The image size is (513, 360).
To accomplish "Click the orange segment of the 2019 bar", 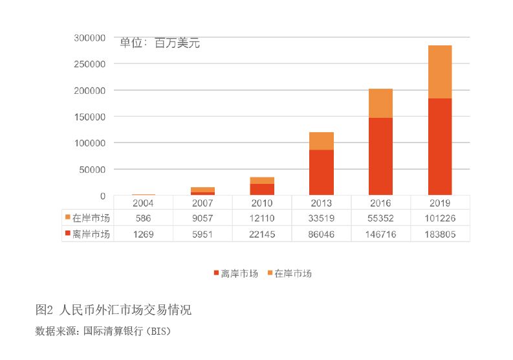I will point(440,72).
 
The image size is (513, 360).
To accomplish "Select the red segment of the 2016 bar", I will point(380,156).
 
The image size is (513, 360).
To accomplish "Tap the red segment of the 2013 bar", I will point(322,172).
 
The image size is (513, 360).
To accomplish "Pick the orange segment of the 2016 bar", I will point(380,103).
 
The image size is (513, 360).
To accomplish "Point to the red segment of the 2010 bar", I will point(262,189).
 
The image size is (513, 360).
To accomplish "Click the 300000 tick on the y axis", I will point(89,38).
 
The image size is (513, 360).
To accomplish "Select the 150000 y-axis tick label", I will point(89,117).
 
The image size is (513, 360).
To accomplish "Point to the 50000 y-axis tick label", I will point(91,170).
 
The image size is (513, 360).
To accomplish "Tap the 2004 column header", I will point(143,203).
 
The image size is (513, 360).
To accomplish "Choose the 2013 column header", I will point(322,203).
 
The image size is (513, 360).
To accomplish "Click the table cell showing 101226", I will point(440,218).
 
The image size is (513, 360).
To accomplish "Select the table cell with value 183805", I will point(440,234).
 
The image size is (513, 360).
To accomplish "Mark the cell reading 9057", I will point(202,218).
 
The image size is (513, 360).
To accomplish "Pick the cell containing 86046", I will point(322,234).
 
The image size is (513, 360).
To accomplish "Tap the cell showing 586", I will point(143,218).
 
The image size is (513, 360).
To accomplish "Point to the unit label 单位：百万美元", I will point(160,43).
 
